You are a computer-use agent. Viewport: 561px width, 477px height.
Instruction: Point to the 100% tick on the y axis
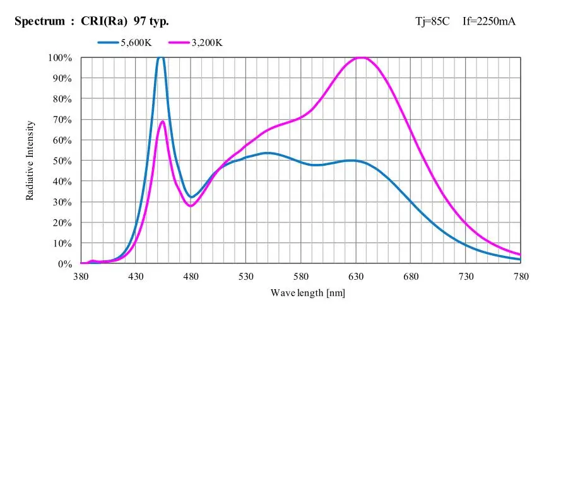(x=61, y=58)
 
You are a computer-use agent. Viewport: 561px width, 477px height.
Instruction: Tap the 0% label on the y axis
(x=66, y=264)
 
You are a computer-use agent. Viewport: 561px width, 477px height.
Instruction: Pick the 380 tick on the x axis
(x=81, y=276)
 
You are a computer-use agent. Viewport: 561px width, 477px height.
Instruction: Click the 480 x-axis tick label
(x=191, y=276)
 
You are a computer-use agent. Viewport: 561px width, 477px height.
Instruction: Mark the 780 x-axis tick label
(x=521, y=276)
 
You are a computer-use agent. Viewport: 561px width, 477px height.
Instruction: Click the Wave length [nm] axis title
(x=308, y=292)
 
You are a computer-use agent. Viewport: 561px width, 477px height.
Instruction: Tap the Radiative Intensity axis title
(x=30, y=161)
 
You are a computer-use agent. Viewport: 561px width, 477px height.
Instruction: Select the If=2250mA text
(x=489, y=21)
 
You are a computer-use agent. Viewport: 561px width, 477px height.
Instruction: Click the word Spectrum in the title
(x=39, y=21)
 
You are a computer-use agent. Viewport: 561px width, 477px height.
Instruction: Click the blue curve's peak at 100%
(x=161, y=57)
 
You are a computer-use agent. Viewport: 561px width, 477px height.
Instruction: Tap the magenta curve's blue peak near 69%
(x=163, y=122)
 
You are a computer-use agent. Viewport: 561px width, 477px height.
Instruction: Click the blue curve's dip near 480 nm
(x=191, y=197)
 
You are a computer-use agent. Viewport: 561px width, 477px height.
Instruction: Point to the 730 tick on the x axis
(x=466, y=276)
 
